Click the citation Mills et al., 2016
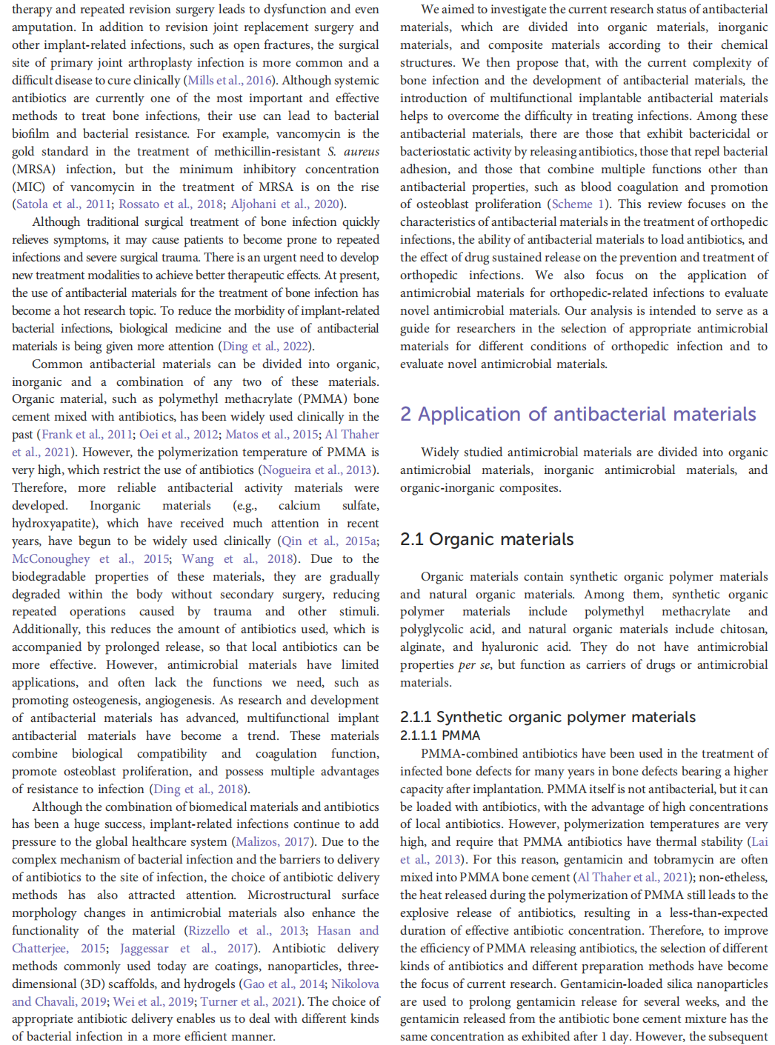[x=230, y=81]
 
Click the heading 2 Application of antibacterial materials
[x=578, y=414]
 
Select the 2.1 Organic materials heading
[x=487, y=539]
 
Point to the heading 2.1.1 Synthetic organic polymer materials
[x=548, y=717]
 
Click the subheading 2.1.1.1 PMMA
[x=440, y=735]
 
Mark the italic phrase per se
[x=474, y=665]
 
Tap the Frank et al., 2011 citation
[x=87, y=435]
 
